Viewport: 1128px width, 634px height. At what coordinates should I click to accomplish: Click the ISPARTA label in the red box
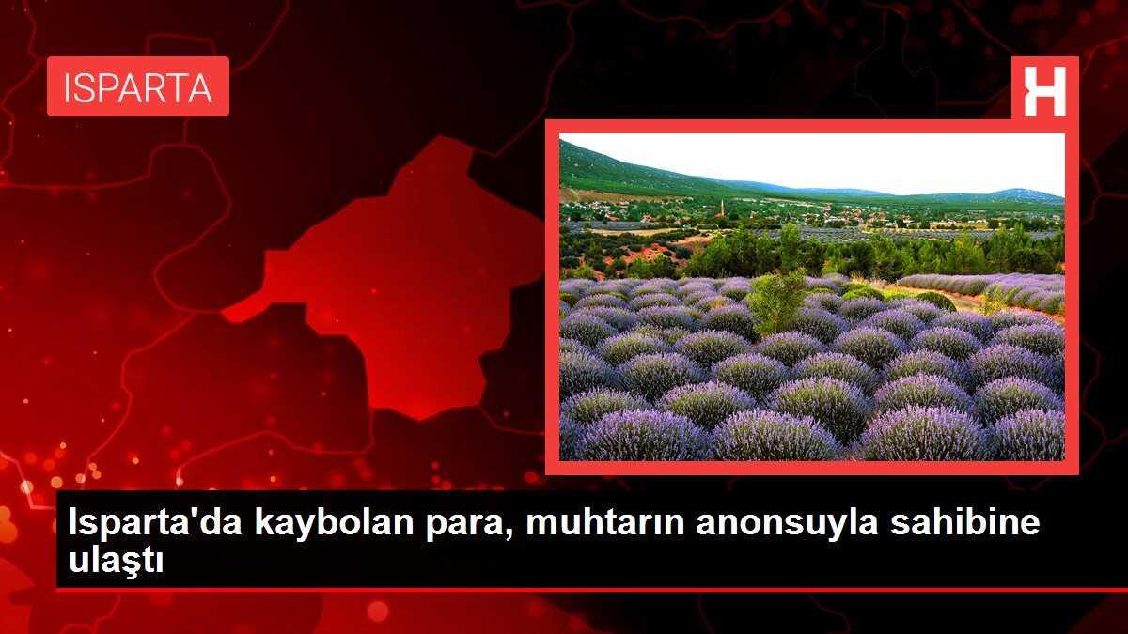coord(137,87)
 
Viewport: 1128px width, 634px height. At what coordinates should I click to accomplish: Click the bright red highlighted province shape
coord(404,282)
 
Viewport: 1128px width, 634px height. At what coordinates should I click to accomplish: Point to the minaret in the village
coord(722,207)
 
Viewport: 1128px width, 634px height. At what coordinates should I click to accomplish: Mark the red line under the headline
coord(564,590)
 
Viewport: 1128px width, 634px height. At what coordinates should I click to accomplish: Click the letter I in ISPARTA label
coord(68,87)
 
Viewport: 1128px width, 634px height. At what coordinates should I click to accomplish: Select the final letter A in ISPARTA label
coord(200,87)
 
